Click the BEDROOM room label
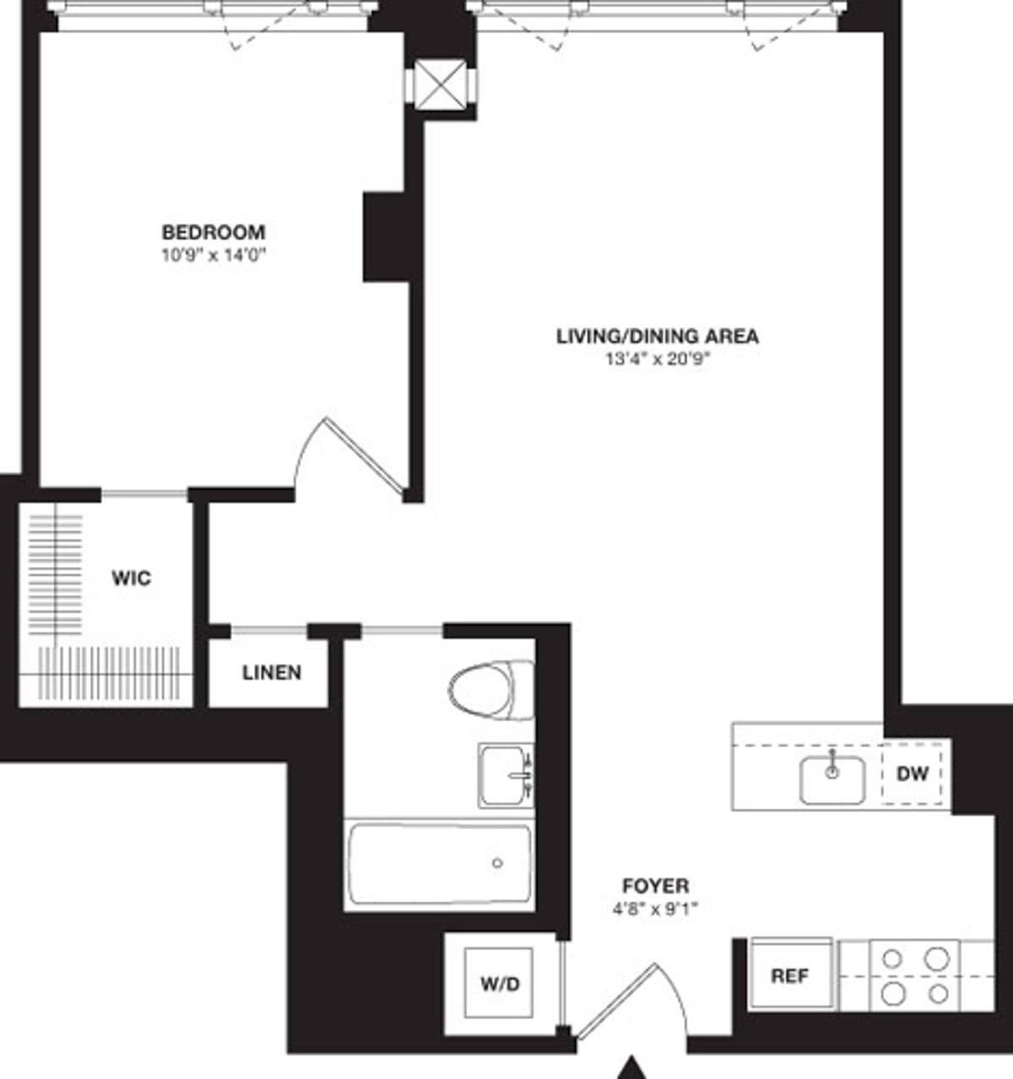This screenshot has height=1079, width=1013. click(x=213, y=231)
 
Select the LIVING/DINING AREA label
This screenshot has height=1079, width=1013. click(x=657, y=336)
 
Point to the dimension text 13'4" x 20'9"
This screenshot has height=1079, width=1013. click(x=657, y=359)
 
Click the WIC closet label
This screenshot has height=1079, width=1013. click(x=131, y=579)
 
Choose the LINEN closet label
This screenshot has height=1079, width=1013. click(x=271, y=672)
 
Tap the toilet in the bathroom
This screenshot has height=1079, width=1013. click(x=490, y=688)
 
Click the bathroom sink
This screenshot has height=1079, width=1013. click(x=505, y=775)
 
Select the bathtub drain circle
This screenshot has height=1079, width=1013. click(x=497, y=863)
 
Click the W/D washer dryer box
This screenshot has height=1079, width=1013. click(x=500, y=984)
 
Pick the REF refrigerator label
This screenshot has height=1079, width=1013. click(x=790, y=976)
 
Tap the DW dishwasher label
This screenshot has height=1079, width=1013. click(x=913, y=774)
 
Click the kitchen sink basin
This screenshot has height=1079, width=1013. click(x=832, y=780)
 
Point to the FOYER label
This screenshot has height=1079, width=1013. click(x=655, y=887)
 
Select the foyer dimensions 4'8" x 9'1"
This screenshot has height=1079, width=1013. click(x=655, y=909)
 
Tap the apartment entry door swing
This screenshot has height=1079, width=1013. click(x=629, y=1000)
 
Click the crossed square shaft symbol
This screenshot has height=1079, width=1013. click(x=441, y=84)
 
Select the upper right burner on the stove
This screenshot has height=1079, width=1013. click(x=935, y=958)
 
